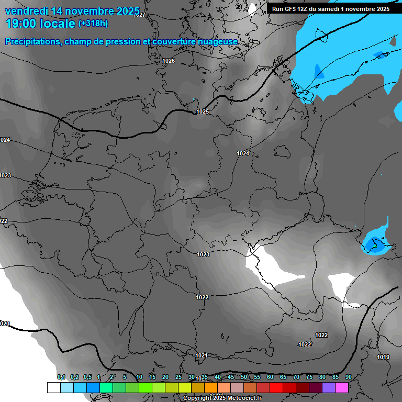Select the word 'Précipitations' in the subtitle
(33, 41)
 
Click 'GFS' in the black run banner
(292, 9)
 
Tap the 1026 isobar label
(169, 61)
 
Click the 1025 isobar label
(203, 111)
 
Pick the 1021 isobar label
(202, 355)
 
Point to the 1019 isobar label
(383, 357)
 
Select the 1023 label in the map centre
(203, 254)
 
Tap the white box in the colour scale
(53, 387)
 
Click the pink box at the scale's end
(342, 387)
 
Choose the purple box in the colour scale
(329, 387)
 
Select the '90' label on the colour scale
(349, 377)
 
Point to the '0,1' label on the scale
(61, 377)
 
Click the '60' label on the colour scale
(270, 377)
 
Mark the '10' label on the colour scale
(139, 377)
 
